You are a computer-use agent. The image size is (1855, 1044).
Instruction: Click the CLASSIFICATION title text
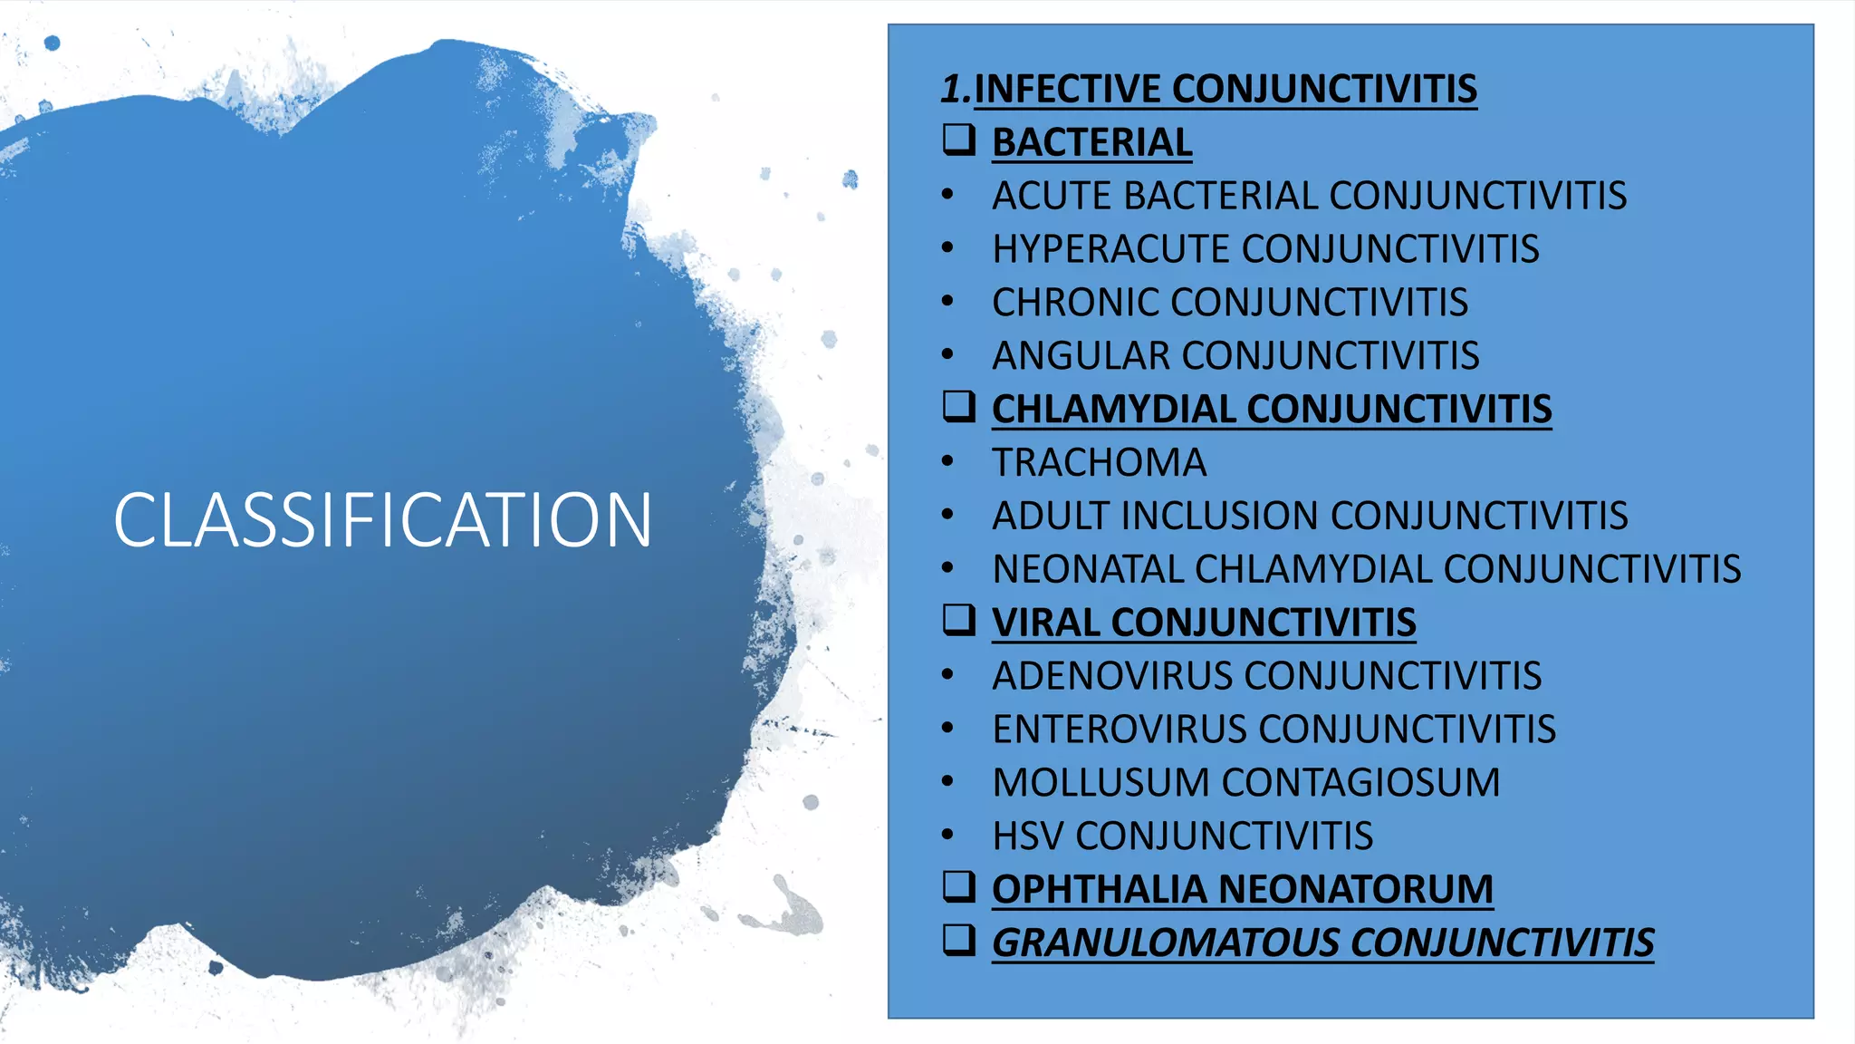[x=382, y=520]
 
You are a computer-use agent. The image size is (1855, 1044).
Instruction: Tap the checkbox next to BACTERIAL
[x=959, y=140]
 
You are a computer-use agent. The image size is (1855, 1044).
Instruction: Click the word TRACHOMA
[x=1099, y=463]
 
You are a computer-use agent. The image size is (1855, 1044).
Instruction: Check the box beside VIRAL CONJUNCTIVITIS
[x=959, y=620]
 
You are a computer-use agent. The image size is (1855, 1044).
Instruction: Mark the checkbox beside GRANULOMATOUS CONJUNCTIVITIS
[x=959, y=940]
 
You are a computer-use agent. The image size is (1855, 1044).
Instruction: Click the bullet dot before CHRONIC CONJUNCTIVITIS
[x=947, y=301]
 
